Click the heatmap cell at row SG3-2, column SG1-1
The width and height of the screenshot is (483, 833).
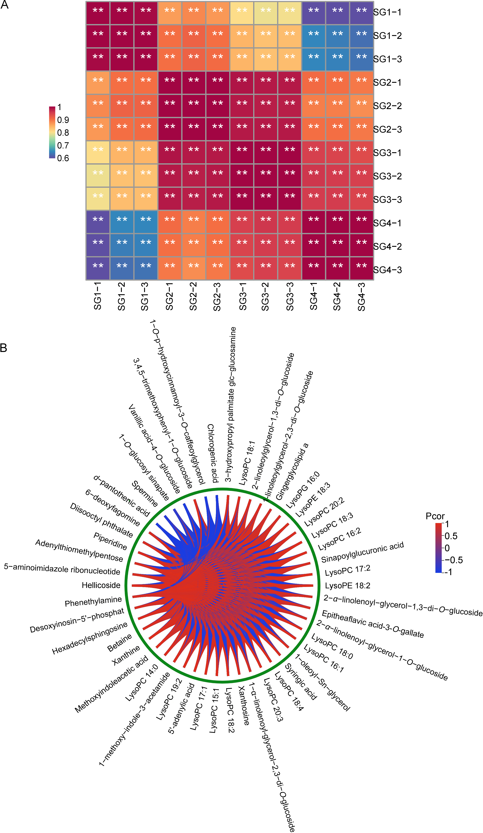[98, 175]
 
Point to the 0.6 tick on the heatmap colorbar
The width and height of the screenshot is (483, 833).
[63, 158]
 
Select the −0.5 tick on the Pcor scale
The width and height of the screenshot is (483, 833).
[454, 560]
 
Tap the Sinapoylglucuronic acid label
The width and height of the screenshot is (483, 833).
[362, 552]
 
